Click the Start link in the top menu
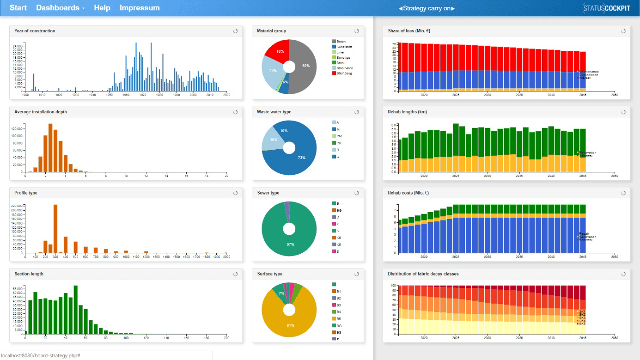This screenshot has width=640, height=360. [x=18, y=8]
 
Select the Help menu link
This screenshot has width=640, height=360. [x=102, y=8]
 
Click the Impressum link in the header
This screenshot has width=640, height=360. [x=140, y=8]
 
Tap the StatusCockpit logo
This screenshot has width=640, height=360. [x=607, y=8]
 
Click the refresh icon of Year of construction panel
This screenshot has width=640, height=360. [x=235, y=31]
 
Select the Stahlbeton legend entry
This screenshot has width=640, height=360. [x=344, y=68]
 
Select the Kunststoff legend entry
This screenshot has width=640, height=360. [x=344, y=47]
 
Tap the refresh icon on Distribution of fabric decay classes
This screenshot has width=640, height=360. [x=623, y=274]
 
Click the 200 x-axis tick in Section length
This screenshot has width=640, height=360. [x=226, y=338]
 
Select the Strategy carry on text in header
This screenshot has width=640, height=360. [x=427, y=8]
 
